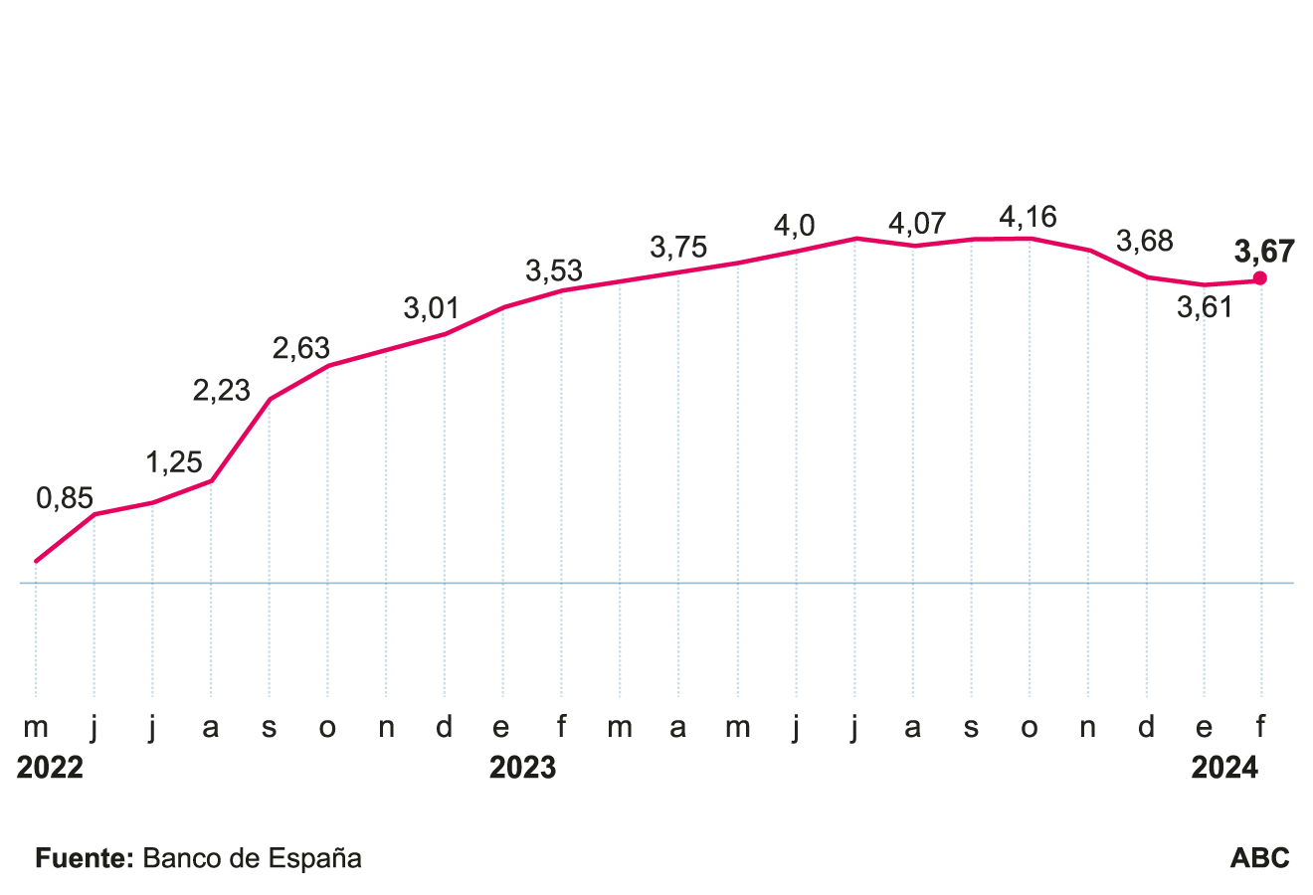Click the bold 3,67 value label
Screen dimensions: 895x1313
1263,252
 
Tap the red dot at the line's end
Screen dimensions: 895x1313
1260,278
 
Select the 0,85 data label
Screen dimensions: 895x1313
65,498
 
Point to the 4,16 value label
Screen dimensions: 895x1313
1028,217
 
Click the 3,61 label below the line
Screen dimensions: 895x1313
1205,308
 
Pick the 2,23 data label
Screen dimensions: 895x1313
221,391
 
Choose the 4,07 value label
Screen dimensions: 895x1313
917,223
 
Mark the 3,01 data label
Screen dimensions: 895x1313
432,309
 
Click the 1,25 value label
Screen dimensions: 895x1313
174,462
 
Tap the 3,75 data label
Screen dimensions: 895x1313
678,248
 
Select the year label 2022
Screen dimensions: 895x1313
50,769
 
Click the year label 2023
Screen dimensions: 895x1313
522,769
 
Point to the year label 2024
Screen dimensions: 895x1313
1224,769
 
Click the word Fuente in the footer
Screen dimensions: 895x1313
84,858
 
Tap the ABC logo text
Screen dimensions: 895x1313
1259,858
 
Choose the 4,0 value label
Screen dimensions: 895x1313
794,227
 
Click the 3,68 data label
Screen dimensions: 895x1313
1145,242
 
